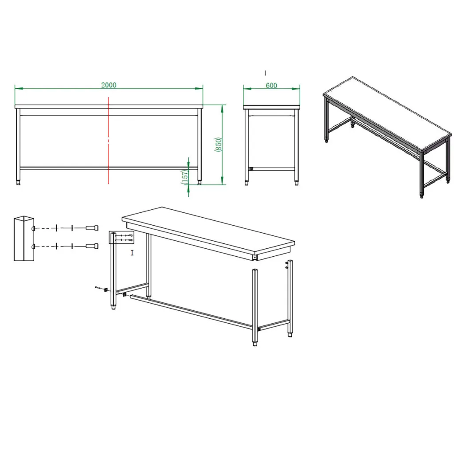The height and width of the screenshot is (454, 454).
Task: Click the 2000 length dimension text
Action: (109, 85)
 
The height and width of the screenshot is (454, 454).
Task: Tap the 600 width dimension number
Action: (271, 86)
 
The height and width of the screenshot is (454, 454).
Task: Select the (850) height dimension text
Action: (218, 144)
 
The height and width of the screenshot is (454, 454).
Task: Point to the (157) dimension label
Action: (184, 177)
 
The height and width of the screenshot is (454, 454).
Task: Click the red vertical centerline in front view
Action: (109, 141)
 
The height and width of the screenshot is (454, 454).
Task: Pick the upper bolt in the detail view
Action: (92, 228)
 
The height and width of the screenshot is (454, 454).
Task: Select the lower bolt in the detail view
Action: (92, 246)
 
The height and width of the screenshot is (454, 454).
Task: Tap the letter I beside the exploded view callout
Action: (132, 253)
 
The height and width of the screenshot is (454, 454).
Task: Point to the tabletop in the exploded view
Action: (208, 229)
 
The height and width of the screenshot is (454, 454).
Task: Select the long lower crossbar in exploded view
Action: (194, 311)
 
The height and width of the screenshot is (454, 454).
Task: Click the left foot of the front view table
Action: (18, 183)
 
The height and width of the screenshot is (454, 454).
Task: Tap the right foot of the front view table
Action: (199, 182)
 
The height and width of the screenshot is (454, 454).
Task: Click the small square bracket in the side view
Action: (251, 169)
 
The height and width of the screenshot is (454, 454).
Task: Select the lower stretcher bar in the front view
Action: (109, 168)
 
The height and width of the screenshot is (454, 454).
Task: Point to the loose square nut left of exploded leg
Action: (106, 290)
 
